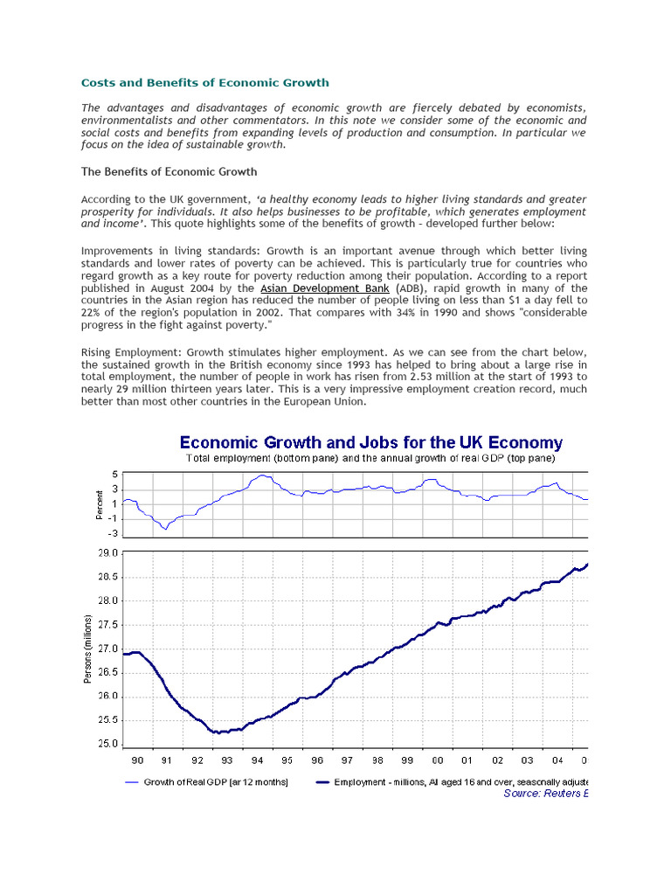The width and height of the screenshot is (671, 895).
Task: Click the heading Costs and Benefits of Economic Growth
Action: [x=205, y=83]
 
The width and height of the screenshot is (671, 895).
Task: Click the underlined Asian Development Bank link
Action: [x=325, y=288]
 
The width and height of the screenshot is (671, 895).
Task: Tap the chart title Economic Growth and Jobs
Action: [x=371, y=443]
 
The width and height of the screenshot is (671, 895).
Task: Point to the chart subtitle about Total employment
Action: [x=370, y=457]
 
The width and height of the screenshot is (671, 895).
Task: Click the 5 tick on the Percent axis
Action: [x=114, y=475]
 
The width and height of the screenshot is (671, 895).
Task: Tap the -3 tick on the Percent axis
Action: [x=113, y=533]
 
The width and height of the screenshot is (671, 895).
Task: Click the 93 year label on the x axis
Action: [x=227, y=760]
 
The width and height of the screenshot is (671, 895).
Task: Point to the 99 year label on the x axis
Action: [x=407, y=760]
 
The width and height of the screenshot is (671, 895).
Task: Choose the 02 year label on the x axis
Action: [x=497, y=760]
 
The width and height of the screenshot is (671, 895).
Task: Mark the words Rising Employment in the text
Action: [x=131, y=352]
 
